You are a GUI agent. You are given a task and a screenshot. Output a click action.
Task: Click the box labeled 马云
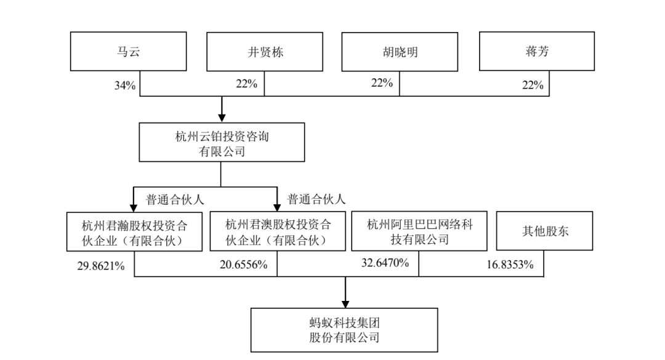(x=128, y=51)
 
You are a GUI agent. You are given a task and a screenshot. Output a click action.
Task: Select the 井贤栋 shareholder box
(x=265, y=52)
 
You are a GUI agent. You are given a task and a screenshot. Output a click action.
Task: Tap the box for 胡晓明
(x=400, y=52)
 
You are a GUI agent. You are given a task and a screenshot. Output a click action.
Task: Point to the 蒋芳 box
(x=536, y=51)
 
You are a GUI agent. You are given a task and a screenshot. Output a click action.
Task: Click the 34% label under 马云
(x=124, y=85)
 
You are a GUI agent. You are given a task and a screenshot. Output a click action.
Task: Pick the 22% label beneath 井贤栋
(x=246, y=84)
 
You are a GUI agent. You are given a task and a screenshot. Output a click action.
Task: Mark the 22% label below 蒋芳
(x=533, y=85)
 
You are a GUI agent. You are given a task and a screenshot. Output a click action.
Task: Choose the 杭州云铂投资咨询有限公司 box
(x=222, y=142)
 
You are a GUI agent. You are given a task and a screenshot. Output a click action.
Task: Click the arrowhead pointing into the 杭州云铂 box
(x=222, y=118)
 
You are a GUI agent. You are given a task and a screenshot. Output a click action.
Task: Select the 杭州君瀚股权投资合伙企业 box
(x=134, y=231)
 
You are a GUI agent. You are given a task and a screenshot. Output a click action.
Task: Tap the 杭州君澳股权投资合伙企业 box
(x=277, y=231)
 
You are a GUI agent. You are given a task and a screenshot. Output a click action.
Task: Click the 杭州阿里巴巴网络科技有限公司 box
(x=419, y=231)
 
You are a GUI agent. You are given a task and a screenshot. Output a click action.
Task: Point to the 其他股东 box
(x=544, y=231)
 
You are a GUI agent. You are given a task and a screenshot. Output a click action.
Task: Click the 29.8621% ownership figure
(x=101, y=266)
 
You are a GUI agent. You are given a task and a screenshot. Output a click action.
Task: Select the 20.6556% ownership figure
(x=243, y=265)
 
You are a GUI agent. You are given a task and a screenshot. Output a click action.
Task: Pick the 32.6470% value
(x=385, y=263)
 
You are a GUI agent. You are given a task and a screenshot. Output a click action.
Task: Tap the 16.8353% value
(x=510, y=265)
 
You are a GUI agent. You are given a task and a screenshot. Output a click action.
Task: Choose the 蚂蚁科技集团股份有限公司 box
(x=344, y=330)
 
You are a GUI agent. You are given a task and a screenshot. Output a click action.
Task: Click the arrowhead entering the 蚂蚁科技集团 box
(x=345, y=304)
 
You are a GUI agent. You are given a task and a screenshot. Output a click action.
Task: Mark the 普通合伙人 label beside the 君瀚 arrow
(x=175, y=199)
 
